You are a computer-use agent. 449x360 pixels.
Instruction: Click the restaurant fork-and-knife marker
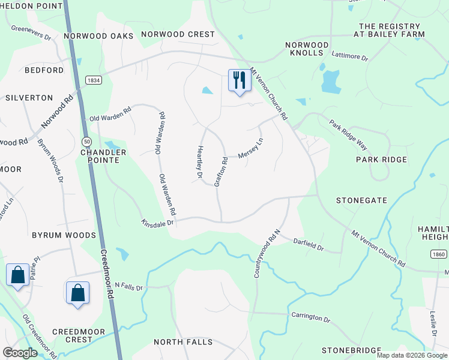(238, 80)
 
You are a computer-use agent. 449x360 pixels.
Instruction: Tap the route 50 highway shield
(87, 141)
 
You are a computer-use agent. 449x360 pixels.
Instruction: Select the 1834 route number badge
(93, 80)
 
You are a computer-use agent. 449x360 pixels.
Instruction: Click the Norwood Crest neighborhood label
(178, 34)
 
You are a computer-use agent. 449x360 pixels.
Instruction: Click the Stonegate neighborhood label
(361, 200)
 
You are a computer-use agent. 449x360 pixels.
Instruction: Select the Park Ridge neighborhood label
(381, 160)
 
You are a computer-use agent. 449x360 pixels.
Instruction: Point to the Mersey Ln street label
(250, 149)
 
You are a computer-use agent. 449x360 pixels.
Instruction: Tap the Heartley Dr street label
(199, 162)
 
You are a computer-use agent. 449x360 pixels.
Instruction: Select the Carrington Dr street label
(311, 317)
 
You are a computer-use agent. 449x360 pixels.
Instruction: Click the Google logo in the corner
(20, 353)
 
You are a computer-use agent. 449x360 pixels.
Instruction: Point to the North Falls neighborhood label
(183, 342)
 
